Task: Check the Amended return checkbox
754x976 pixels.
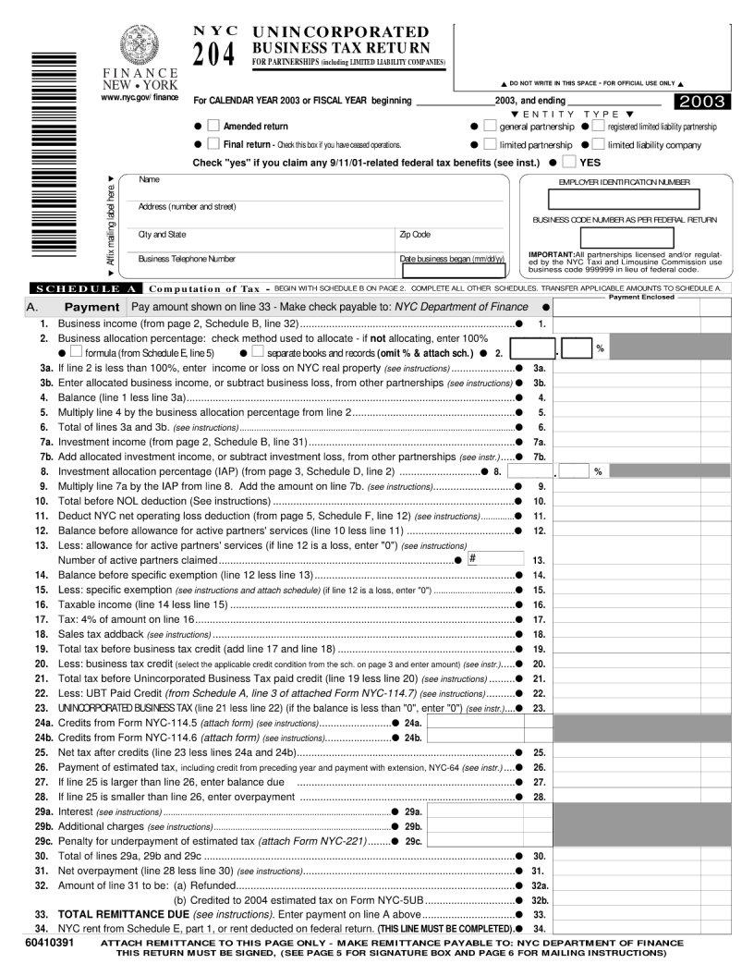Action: (x=213, y=126)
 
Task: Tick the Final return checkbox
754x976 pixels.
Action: (x=213, y=144)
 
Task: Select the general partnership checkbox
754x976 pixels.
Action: (x=490, y=126)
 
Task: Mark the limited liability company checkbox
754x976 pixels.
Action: (x=598, y=144)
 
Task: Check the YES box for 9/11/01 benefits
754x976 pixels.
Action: (x=568, y=162)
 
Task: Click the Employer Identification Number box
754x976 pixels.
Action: (x=624, y=200)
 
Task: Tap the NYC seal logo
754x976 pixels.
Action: (x=140, y=43)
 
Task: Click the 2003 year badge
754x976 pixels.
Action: (x=702, y=102)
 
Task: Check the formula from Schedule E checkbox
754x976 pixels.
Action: (x=76, y=352)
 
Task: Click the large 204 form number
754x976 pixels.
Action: (x=213, y=55)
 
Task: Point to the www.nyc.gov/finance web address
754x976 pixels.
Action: (x=140, y=97)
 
